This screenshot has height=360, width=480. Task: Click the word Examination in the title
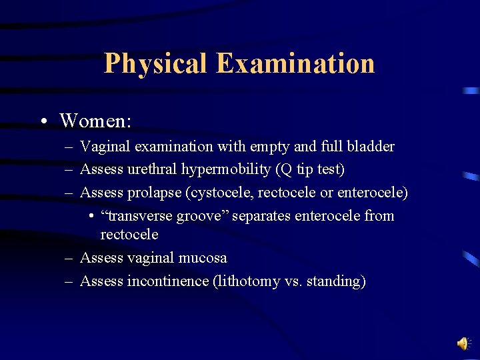[295, 64]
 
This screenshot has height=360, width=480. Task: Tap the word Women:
[95, 121]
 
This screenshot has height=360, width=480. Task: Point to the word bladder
[370, 147]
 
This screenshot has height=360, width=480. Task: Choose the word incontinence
[167, 281]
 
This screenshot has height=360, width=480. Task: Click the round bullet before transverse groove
[90, 217]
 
